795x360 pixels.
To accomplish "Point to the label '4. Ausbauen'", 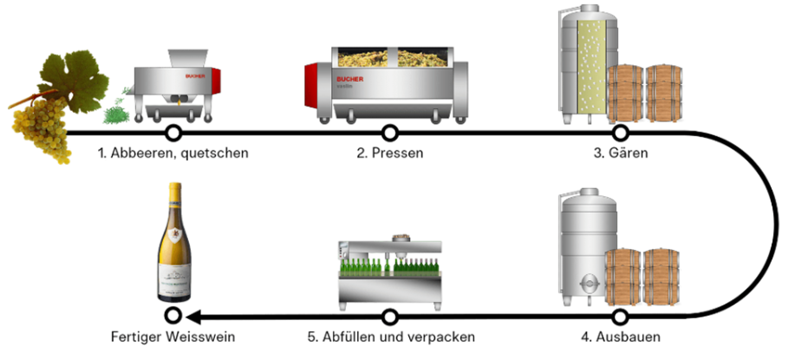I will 620,336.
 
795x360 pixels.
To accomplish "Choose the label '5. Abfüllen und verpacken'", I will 390,336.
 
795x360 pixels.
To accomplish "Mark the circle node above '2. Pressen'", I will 390,133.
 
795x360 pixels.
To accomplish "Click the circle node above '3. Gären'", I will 620,133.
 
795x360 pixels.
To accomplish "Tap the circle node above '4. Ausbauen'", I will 620,316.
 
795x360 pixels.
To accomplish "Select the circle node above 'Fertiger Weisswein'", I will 173,316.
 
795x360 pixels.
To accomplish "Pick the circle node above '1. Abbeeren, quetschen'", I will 173,133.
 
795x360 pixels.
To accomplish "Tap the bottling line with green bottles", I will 389,273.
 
